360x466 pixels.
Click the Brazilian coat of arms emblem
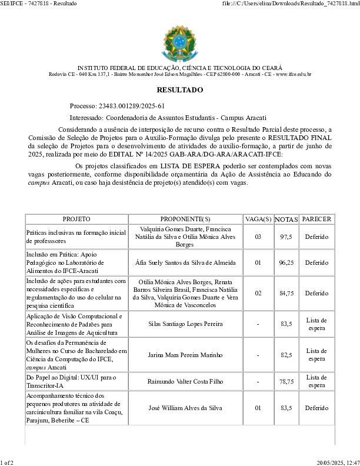coord(180,44)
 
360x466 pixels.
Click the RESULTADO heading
coord(180,90)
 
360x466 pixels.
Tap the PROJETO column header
coord(76,219)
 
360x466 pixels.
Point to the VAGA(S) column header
coord(258,219)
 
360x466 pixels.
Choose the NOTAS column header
coord(286,219)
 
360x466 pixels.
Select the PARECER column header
coord(316,219)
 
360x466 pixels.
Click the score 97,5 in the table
coord(286,237)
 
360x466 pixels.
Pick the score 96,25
coord(286,262)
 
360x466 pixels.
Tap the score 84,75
coord(286,293)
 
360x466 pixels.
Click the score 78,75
coord(286,381)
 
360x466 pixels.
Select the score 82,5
coord(286,355)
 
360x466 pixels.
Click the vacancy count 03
coord(258,237)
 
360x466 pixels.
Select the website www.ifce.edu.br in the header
coord(293,74)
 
